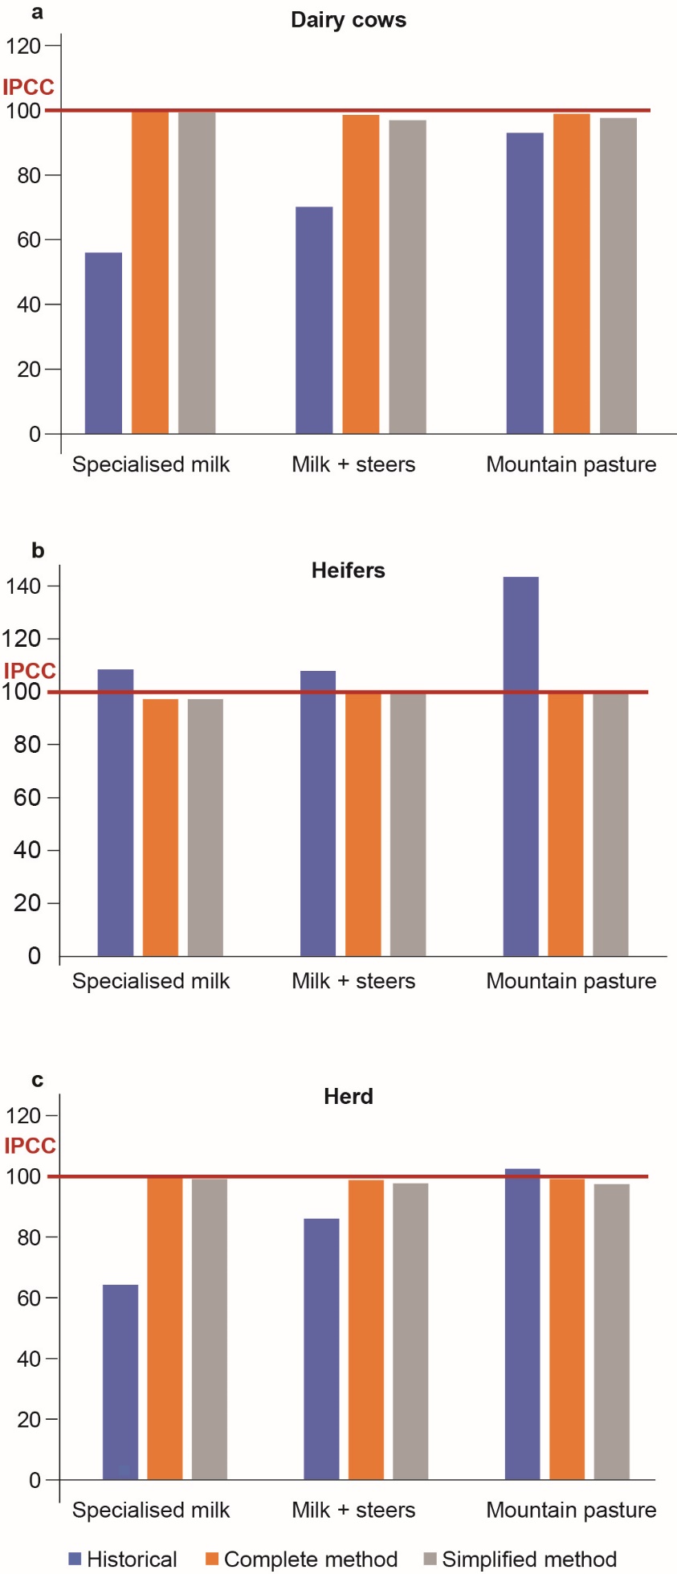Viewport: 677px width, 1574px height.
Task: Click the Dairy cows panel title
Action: pos(348,20)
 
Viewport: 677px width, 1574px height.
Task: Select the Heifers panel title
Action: pos(348,570)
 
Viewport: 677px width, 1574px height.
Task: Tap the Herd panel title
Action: pos(348,1097)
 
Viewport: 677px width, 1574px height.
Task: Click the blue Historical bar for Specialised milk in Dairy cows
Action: pos(104,343)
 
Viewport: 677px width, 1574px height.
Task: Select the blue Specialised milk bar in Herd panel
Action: pos(120,1382)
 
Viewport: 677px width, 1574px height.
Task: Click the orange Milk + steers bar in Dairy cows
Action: pos(361,274)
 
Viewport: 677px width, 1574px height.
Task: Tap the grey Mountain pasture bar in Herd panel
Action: pos(612,1331)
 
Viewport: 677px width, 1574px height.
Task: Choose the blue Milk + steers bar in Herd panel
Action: pos(321,1349)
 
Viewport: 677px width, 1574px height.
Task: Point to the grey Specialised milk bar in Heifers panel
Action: pos(206,827)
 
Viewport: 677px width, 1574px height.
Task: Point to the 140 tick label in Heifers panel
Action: pos(22,586)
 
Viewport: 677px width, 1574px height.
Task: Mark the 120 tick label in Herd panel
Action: pos(22,1115)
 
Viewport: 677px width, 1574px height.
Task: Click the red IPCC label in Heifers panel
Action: pos(30,671)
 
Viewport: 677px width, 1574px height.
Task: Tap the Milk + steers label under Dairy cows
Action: pos(353,464)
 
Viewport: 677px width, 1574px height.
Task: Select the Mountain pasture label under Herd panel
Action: pos(571,1510)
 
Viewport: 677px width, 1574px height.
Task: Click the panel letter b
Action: pos(38,550)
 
